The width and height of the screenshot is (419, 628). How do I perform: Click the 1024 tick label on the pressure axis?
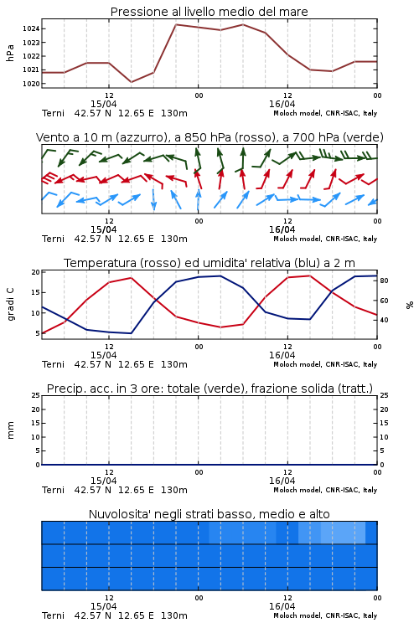coord(30,28)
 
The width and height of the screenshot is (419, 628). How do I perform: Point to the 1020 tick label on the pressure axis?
coord(30,84)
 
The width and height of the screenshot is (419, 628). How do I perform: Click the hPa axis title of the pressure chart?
coord(10,53)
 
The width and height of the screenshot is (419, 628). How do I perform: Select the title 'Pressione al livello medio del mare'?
coord(209,12)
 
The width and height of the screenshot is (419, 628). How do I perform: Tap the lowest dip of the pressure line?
coord(131,82)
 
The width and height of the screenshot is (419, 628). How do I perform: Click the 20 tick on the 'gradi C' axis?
coord(36,272)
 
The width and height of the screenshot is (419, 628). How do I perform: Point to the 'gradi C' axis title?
coord(10,305)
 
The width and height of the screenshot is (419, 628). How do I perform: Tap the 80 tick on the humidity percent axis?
coord(384,281)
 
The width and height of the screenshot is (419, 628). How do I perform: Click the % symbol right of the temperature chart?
coord(410,305)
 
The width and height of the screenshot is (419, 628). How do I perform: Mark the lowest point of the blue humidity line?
coord(131,333)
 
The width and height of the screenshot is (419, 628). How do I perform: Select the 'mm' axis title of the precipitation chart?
coord(10,430)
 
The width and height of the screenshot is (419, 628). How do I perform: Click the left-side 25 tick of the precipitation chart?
coord(36,395)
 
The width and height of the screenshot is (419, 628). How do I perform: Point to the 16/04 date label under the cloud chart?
coord(282,606)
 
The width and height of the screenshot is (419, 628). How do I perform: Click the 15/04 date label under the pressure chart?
coord(103,104)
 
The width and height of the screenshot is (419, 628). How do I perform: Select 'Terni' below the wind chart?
coord(53,239)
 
